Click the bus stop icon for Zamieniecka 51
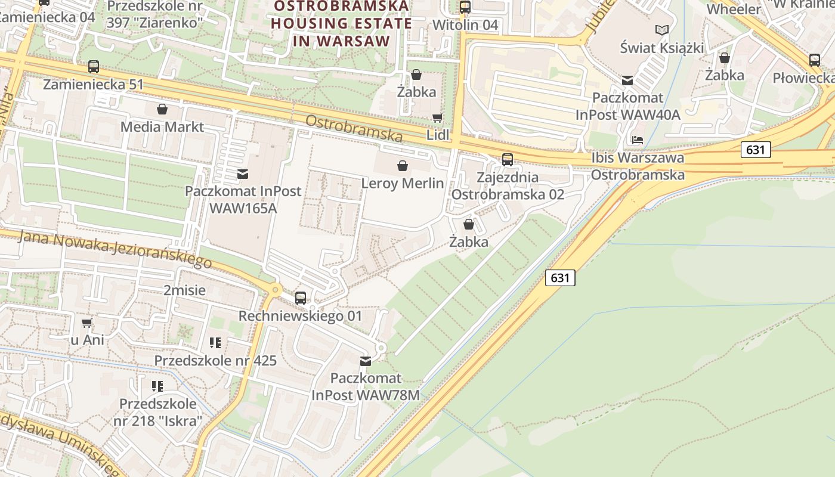[x=93, y=66]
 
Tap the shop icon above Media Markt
[x=162, y=109]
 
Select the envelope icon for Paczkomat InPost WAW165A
[x=243, y=174]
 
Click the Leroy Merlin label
[x=403, y=183]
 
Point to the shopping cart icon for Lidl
[x=438, y=117]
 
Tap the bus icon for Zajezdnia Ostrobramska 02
[x=507, y=159]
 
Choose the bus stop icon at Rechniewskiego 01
[x=301, y=298]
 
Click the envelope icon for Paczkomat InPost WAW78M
[x=366, y=361]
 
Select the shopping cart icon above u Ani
[x=87, y=323]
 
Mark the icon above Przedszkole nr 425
[x=215, y=343]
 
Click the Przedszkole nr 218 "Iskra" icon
[x=157, y=386]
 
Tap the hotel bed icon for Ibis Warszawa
[x=638, y=140]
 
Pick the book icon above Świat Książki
[x=661, y=30]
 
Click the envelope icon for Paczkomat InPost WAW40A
[x=627, y=80]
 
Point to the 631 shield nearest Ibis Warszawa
[x=755, y=150]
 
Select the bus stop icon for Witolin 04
[x=465, y=7]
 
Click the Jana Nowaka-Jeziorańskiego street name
[x=115, y=249]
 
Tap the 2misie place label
[x=184, y=290]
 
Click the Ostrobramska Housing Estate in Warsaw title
[x=341, y=24]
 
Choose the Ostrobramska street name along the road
[x=354, y=128]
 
